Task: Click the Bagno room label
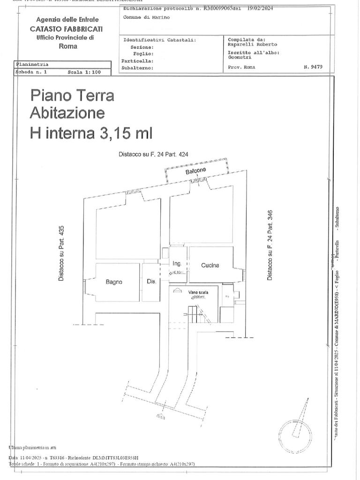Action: coord(114,282)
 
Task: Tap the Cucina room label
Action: coord(210,265)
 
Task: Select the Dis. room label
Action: coord(151,282)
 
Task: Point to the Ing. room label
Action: coord(177,263)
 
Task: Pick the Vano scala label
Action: coord(198,292)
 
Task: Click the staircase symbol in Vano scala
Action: coord(194,314)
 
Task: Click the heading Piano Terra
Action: coord(72,95)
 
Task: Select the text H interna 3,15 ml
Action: coord(91,133)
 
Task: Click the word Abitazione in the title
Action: coord(67,113)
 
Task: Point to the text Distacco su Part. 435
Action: coord(61,253)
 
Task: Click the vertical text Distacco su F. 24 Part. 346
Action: coord(270,245)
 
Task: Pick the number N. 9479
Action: coord(313,67)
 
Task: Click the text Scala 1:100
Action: coord(84,73)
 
